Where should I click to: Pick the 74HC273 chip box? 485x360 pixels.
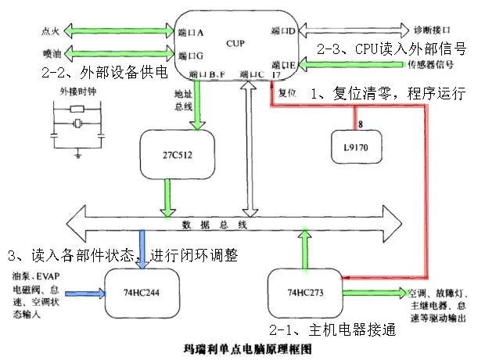[x=304, y=291]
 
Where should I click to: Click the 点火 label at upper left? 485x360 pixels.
[x=48, y=32]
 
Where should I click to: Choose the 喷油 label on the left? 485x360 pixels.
[x=48, y=54]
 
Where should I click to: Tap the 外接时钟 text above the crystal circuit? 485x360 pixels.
[x=75, y=92]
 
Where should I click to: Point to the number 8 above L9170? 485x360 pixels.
[x=359, y=124]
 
